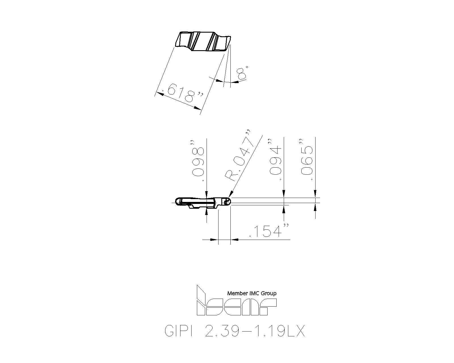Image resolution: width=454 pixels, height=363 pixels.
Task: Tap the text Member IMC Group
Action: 252,294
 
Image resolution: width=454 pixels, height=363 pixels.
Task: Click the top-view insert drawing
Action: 203,41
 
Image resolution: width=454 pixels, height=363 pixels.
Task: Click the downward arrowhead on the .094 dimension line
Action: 284,194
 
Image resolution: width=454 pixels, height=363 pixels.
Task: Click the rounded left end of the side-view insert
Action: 177,202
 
